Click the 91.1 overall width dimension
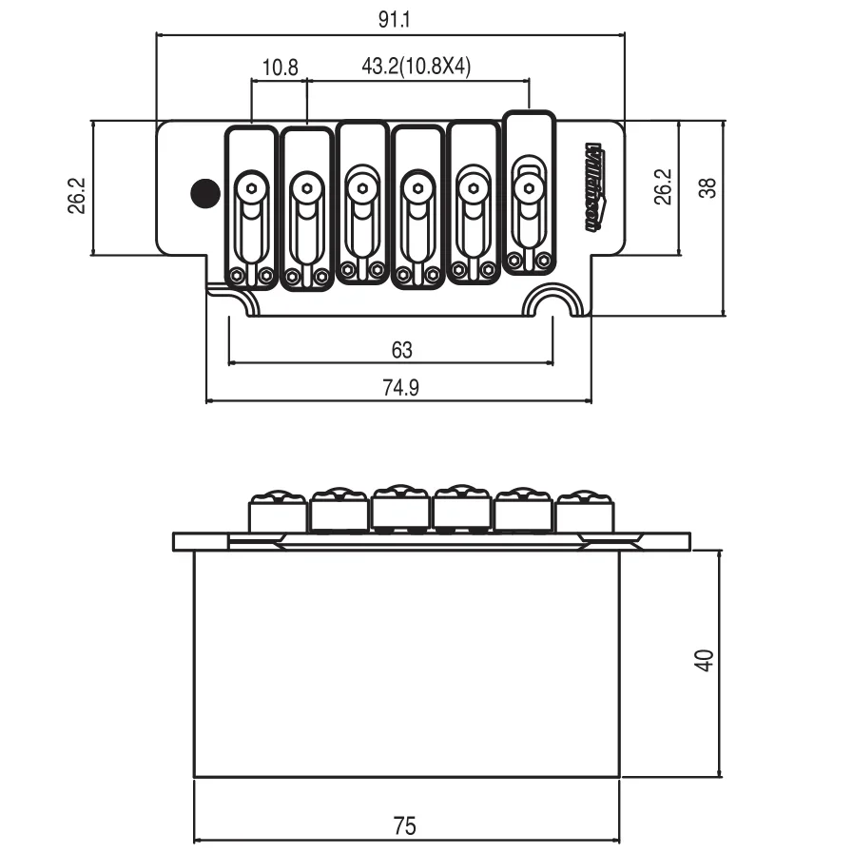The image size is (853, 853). (391, 18)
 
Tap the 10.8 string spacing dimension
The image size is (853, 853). (280, 68)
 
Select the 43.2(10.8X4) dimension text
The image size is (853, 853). (417, 68)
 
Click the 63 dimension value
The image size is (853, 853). (401, 350)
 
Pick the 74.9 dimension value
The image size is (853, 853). (400, 388)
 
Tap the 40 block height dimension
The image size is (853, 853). (704, 660)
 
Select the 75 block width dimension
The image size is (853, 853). (405, 825)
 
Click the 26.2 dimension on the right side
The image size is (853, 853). (664, 186)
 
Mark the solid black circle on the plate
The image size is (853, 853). (203, 193)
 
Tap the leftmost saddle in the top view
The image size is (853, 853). (251, 206)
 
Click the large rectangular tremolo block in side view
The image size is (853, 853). (406, 664)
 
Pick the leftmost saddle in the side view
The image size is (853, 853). (279, 514)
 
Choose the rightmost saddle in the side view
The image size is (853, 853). (583, 513)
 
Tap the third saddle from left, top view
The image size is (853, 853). (361, 203)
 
